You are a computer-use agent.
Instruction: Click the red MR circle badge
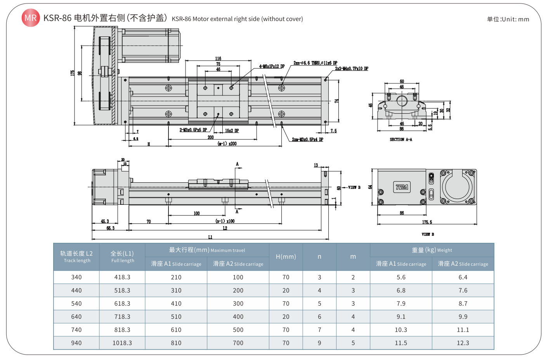(x=30, y=18)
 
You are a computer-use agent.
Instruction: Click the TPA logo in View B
(x=402, y=187)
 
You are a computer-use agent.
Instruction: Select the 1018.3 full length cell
(x=122, y=343)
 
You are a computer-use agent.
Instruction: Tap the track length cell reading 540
(x=76, y=303)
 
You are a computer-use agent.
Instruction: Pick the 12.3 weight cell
(x=463, y=343)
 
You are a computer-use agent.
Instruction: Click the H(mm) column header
(x=286, y=257)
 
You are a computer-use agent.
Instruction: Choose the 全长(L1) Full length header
(x=122, y=256)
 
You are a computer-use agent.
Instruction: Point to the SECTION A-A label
(x=401, y=139)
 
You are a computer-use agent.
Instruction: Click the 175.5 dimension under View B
(x=427, y=222)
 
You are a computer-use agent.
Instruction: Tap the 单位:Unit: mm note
(x=508, y=19)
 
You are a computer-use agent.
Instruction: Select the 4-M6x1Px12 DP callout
(x=272, y=66)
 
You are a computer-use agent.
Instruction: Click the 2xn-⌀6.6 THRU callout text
(x=315, y=63)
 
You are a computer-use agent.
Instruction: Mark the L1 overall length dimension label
(x=210, y=237)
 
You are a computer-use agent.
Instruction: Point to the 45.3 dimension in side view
(x=105, y=221)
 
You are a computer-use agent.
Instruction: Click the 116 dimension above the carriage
(x=218, y=59)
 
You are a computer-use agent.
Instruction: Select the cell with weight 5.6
(x=401, y=277)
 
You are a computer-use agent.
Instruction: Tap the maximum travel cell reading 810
(x=176, y=343)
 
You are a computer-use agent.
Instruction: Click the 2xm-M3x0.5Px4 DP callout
(x=307, y=139)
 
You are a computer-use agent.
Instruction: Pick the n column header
(x=319, y=257)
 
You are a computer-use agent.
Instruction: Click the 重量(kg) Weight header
(x=432, y=250)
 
